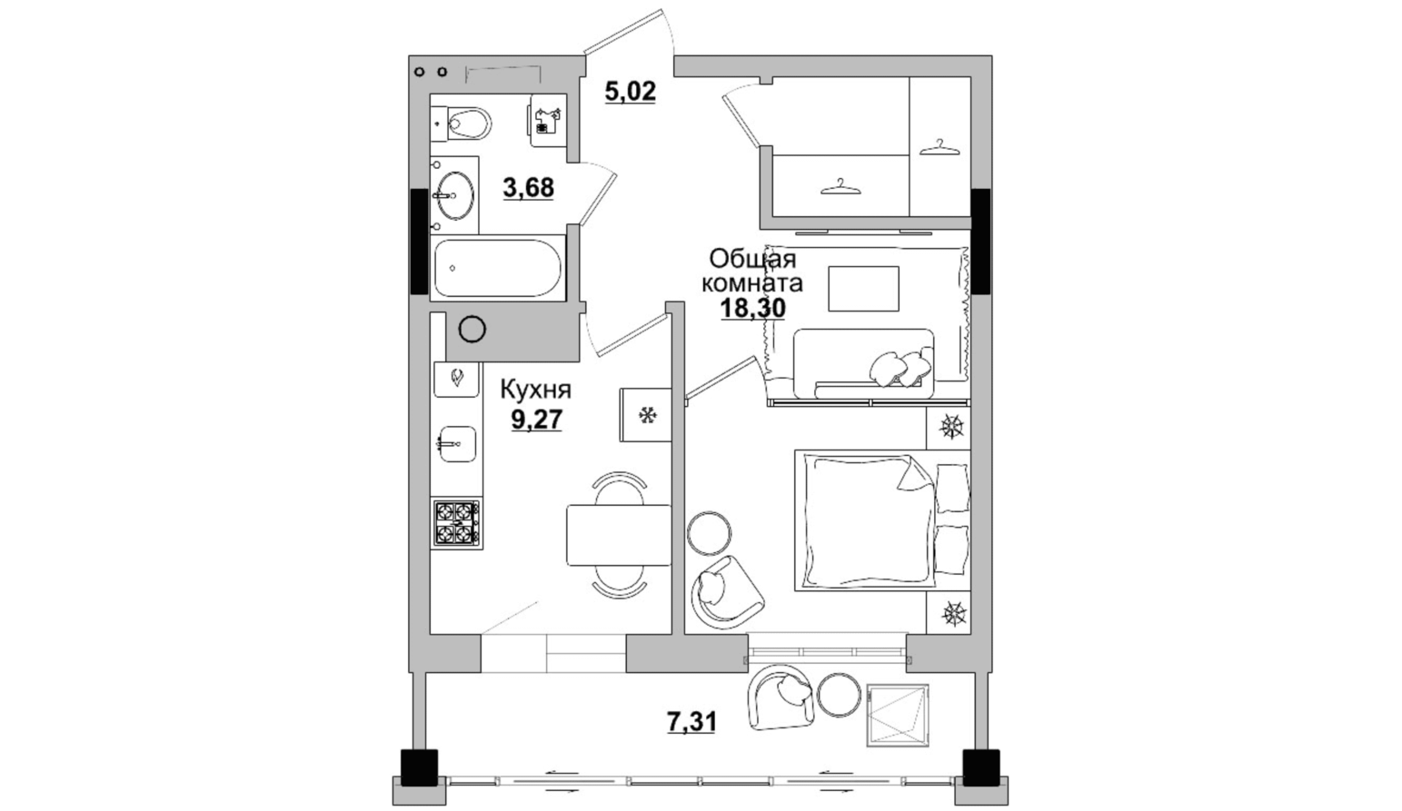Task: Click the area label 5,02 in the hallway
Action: [x=631, y=92]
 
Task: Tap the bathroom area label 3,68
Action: [x=529, y=187]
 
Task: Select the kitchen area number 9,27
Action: [x=536, y=420]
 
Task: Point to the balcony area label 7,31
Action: [x=691, y=722]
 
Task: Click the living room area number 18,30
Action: [x=752, y=308]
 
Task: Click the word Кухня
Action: [x=535, y=391]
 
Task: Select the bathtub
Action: [x=498, y=269]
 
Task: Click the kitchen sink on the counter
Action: [x=458, y=444]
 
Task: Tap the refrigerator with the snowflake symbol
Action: [x=645, y=414]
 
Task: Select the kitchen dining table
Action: [x=619, y=535]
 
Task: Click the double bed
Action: [x=882, y=520]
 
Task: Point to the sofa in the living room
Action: [x=864, y=363]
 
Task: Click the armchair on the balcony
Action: [x=781, y=697]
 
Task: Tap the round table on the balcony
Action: [x=840, y=694]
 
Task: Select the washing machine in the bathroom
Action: [x=548, y=120]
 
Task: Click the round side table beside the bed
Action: [x=709, y=533]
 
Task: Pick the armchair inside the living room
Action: [x=727, y=592]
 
